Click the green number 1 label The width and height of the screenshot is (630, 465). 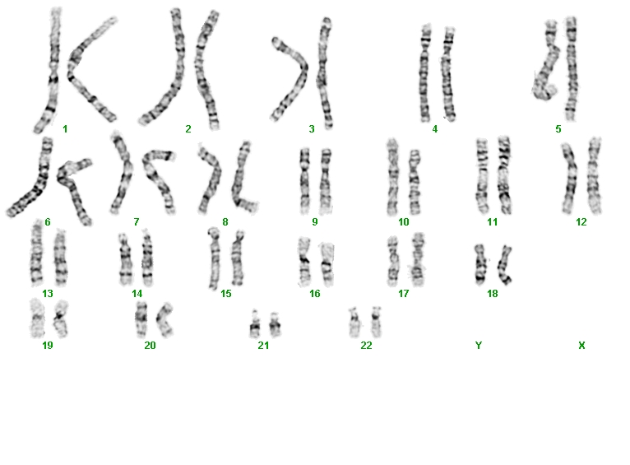(65, 129)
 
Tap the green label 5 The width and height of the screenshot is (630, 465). (558, 129)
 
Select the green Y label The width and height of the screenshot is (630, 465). (479, 345)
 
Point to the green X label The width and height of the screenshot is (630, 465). (581, 345)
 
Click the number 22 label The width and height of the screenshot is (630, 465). (366, 345)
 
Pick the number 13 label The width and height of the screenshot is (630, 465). (48, 293)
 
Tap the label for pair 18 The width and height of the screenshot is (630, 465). (492, 293)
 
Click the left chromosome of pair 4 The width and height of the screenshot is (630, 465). (425, 72)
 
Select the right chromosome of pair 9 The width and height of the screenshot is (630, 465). (326, 181)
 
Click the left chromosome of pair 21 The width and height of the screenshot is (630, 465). (255, 323)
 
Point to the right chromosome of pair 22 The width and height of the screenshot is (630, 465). (376, 322)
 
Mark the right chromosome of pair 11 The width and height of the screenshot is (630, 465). (504, 174)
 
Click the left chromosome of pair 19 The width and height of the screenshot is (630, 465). (37, 318)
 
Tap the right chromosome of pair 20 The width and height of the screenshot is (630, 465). (164, 320)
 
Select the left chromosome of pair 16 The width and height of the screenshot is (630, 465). (304, 262)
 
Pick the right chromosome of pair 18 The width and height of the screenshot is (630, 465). (504, 265)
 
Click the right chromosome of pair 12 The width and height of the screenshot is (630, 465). (594, 175)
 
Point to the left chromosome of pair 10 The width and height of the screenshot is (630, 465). (393, 177)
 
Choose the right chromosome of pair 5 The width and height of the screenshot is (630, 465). (571, 69)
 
